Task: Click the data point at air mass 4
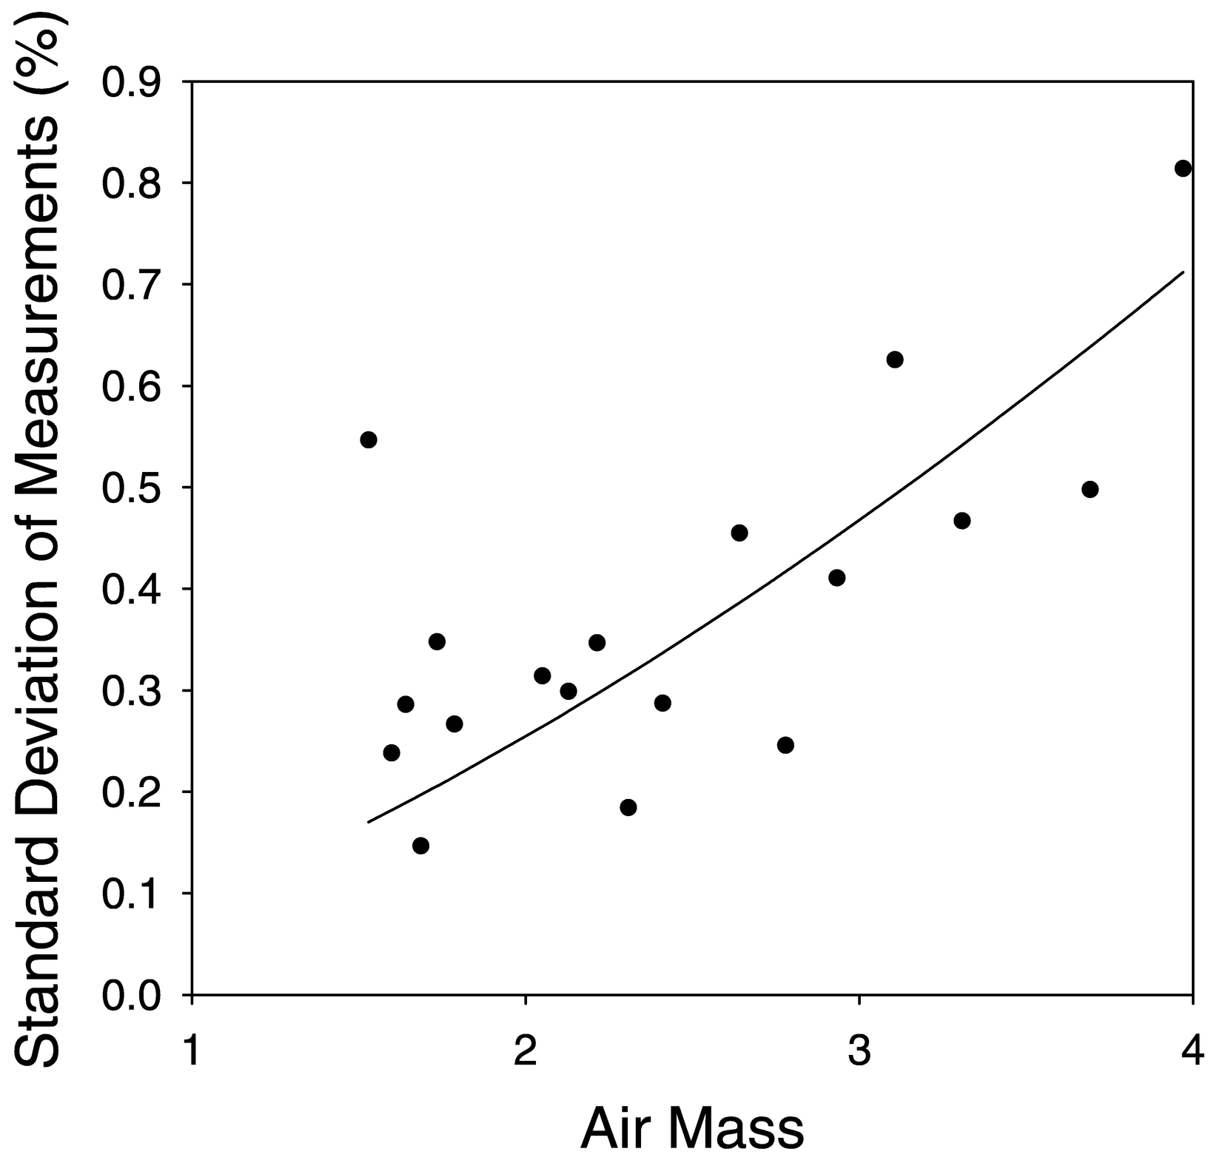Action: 1183,169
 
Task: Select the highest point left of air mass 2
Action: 369,440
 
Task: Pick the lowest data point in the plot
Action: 420,846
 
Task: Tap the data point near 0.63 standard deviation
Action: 894,360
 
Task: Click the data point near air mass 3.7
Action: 1090,490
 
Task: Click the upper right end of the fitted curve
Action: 1183,272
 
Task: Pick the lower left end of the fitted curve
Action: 369,821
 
